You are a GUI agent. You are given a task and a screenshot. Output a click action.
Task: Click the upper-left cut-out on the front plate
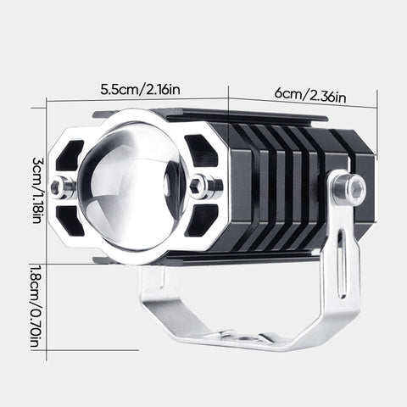(73, 153)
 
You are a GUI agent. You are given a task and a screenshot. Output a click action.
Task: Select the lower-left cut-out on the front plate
(75, 222)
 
